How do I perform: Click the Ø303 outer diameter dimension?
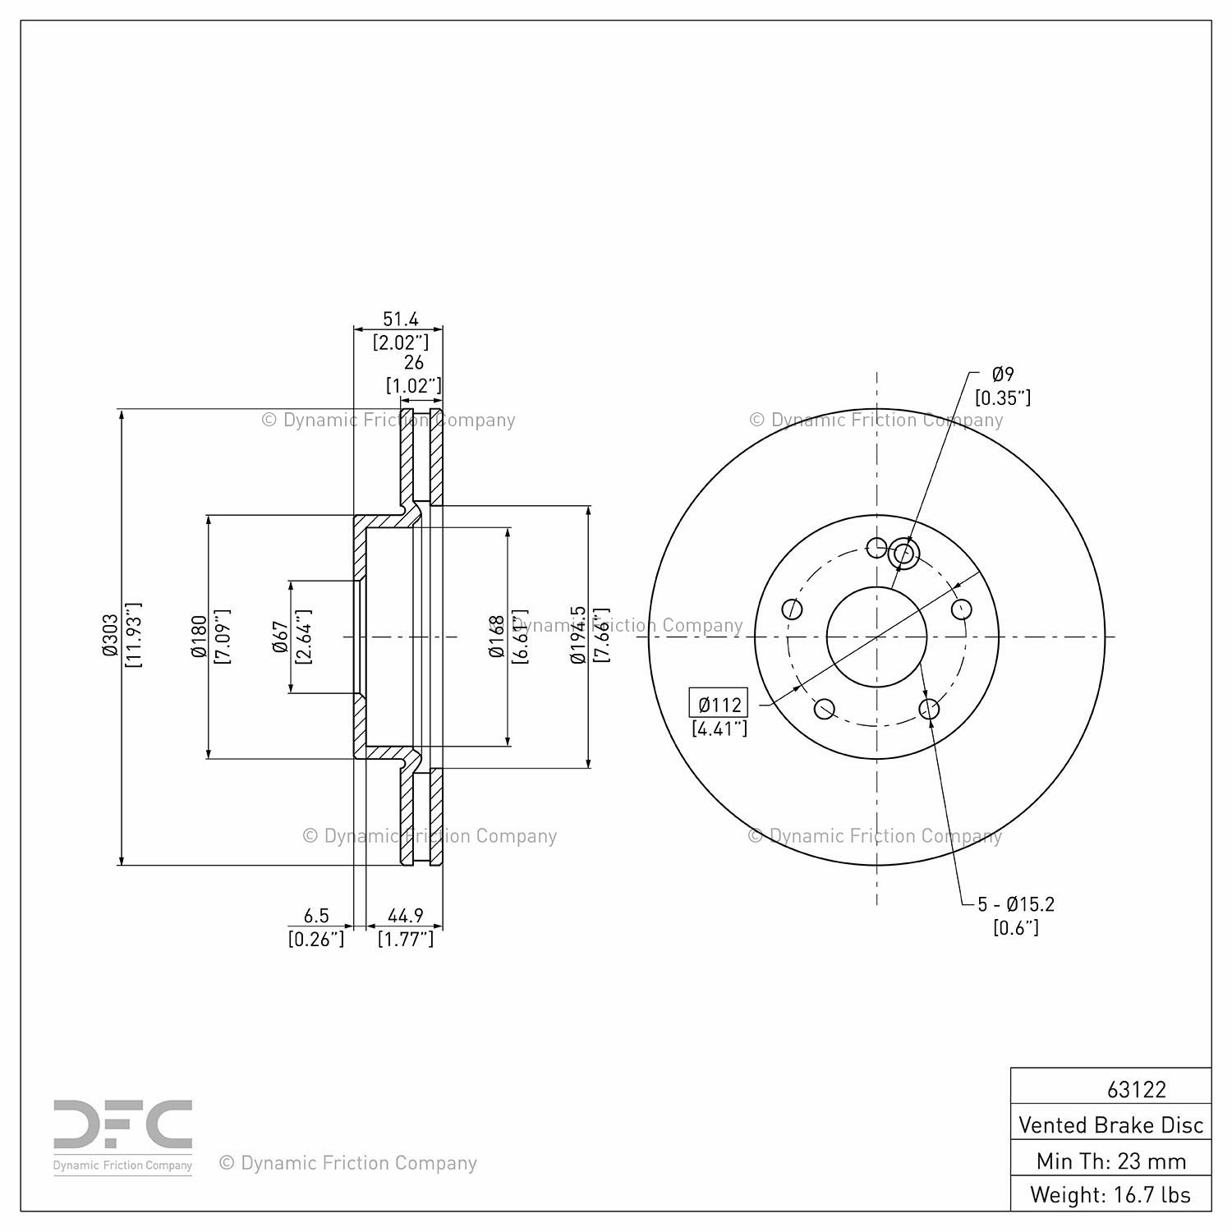point(110,637)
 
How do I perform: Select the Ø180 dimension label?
point(198,637)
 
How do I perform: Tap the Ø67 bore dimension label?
point(280,637)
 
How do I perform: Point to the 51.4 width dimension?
point(401,319)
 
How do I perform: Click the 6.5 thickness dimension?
point(316,915)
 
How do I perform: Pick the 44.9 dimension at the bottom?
point(405,915)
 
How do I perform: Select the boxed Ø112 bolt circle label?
point(719,704)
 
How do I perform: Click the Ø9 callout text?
point(1003,375)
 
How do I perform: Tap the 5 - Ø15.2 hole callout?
point(1016,904)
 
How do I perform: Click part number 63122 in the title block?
point(1136,1089)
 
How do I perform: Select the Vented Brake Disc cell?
point(1110,1124)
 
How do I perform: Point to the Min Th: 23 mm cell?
point(1110,1161)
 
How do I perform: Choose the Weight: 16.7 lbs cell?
point(1110,1194)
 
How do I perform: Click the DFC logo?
point(123,1134)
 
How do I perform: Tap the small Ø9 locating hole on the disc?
point(903,554)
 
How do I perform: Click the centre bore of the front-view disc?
point(876,637)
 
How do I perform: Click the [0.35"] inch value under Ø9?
point(1003,398)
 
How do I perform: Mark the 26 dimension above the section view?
point(414,362)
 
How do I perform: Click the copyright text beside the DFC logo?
point(347,1163)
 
